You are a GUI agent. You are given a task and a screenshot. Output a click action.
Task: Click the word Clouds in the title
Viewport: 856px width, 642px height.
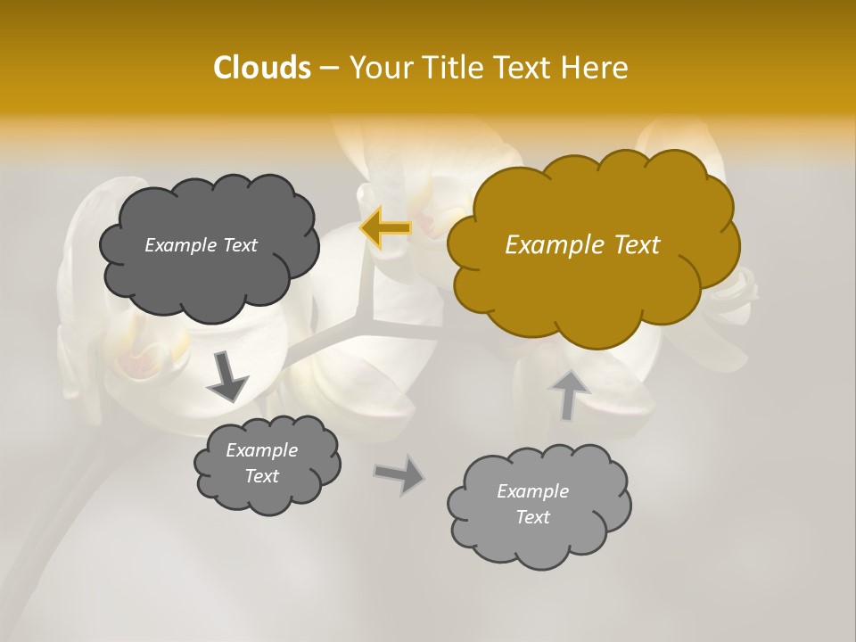click(261, 68)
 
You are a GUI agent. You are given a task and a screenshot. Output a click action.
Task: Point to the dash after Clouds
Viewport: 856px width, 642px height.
click(328, 69)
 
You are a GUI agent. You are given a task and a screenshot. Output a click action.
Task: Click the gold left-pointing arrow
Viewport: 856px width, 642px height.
click(385, 228)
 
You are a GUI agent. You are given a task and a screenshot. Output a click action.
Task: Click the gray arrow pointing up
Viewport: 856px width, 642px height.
click(568, 394)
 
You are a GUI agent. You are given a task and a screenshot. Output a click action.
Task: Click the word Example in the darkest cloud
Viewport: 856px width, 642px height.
click(179, 245)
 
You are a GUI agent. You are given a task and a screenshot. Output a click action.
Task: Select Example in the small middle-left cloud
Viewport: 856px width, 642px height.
click(261, 450)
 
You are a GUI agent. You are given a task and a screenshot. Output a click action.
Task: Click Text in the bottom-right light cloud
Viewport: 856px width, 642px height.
click(532, 517)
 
